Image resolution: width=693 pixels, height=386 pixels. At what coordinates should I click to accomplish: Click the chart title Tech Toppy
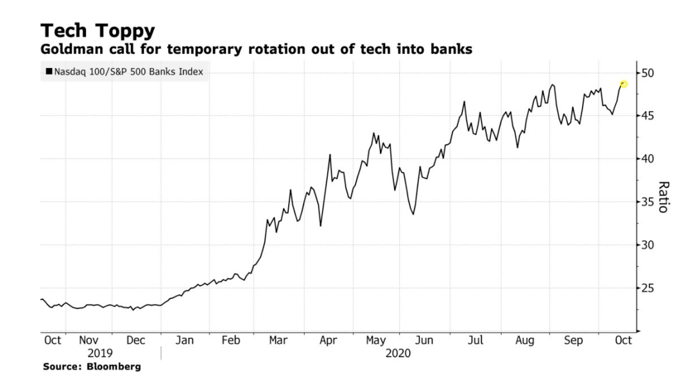pos(98,30)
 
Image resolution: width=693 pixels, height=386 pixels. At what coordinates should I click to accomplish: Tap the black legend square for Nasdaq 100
pos(49,72)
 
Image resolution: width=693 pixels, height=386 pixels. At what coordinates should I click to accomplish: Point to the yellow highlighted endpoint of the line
pos(623,84)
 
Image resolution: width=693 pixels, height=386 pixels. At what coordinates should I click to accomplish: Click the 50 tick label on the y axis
pos(648,73)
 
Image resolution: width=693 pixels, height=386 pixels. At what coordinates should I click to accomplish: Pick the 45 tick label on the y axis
pos(648,116)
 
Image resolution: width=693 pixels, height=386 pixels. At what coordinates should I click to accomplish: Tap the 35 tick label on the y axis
pos(648,202)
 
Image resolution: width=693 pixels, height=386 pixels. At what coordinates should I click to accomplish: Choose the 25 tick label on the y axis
pos(648,288)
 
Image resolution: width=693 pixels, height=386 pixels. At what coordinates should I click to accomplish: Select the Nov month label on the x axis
pos(89,341)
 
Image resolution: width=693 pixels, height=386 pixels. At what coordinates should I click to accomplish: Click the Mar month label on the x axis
pos(277,341)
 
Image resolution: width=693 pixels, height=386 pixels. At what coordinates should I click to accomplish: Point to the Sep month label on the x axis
pos(573,341)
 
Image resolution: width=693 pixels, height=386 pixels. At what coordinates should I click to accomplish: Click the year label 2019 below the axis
pos(99,353)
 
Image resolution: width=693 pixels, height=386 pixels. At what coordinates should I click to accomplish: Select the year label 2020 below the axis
pos(398,353)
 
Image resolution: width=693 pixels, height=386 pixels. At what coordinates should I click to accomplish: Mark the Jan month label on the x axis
pos(184,341)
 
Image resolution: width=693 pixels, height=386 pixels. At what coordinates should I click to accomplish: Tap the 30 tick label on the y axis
pos(648,245)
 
